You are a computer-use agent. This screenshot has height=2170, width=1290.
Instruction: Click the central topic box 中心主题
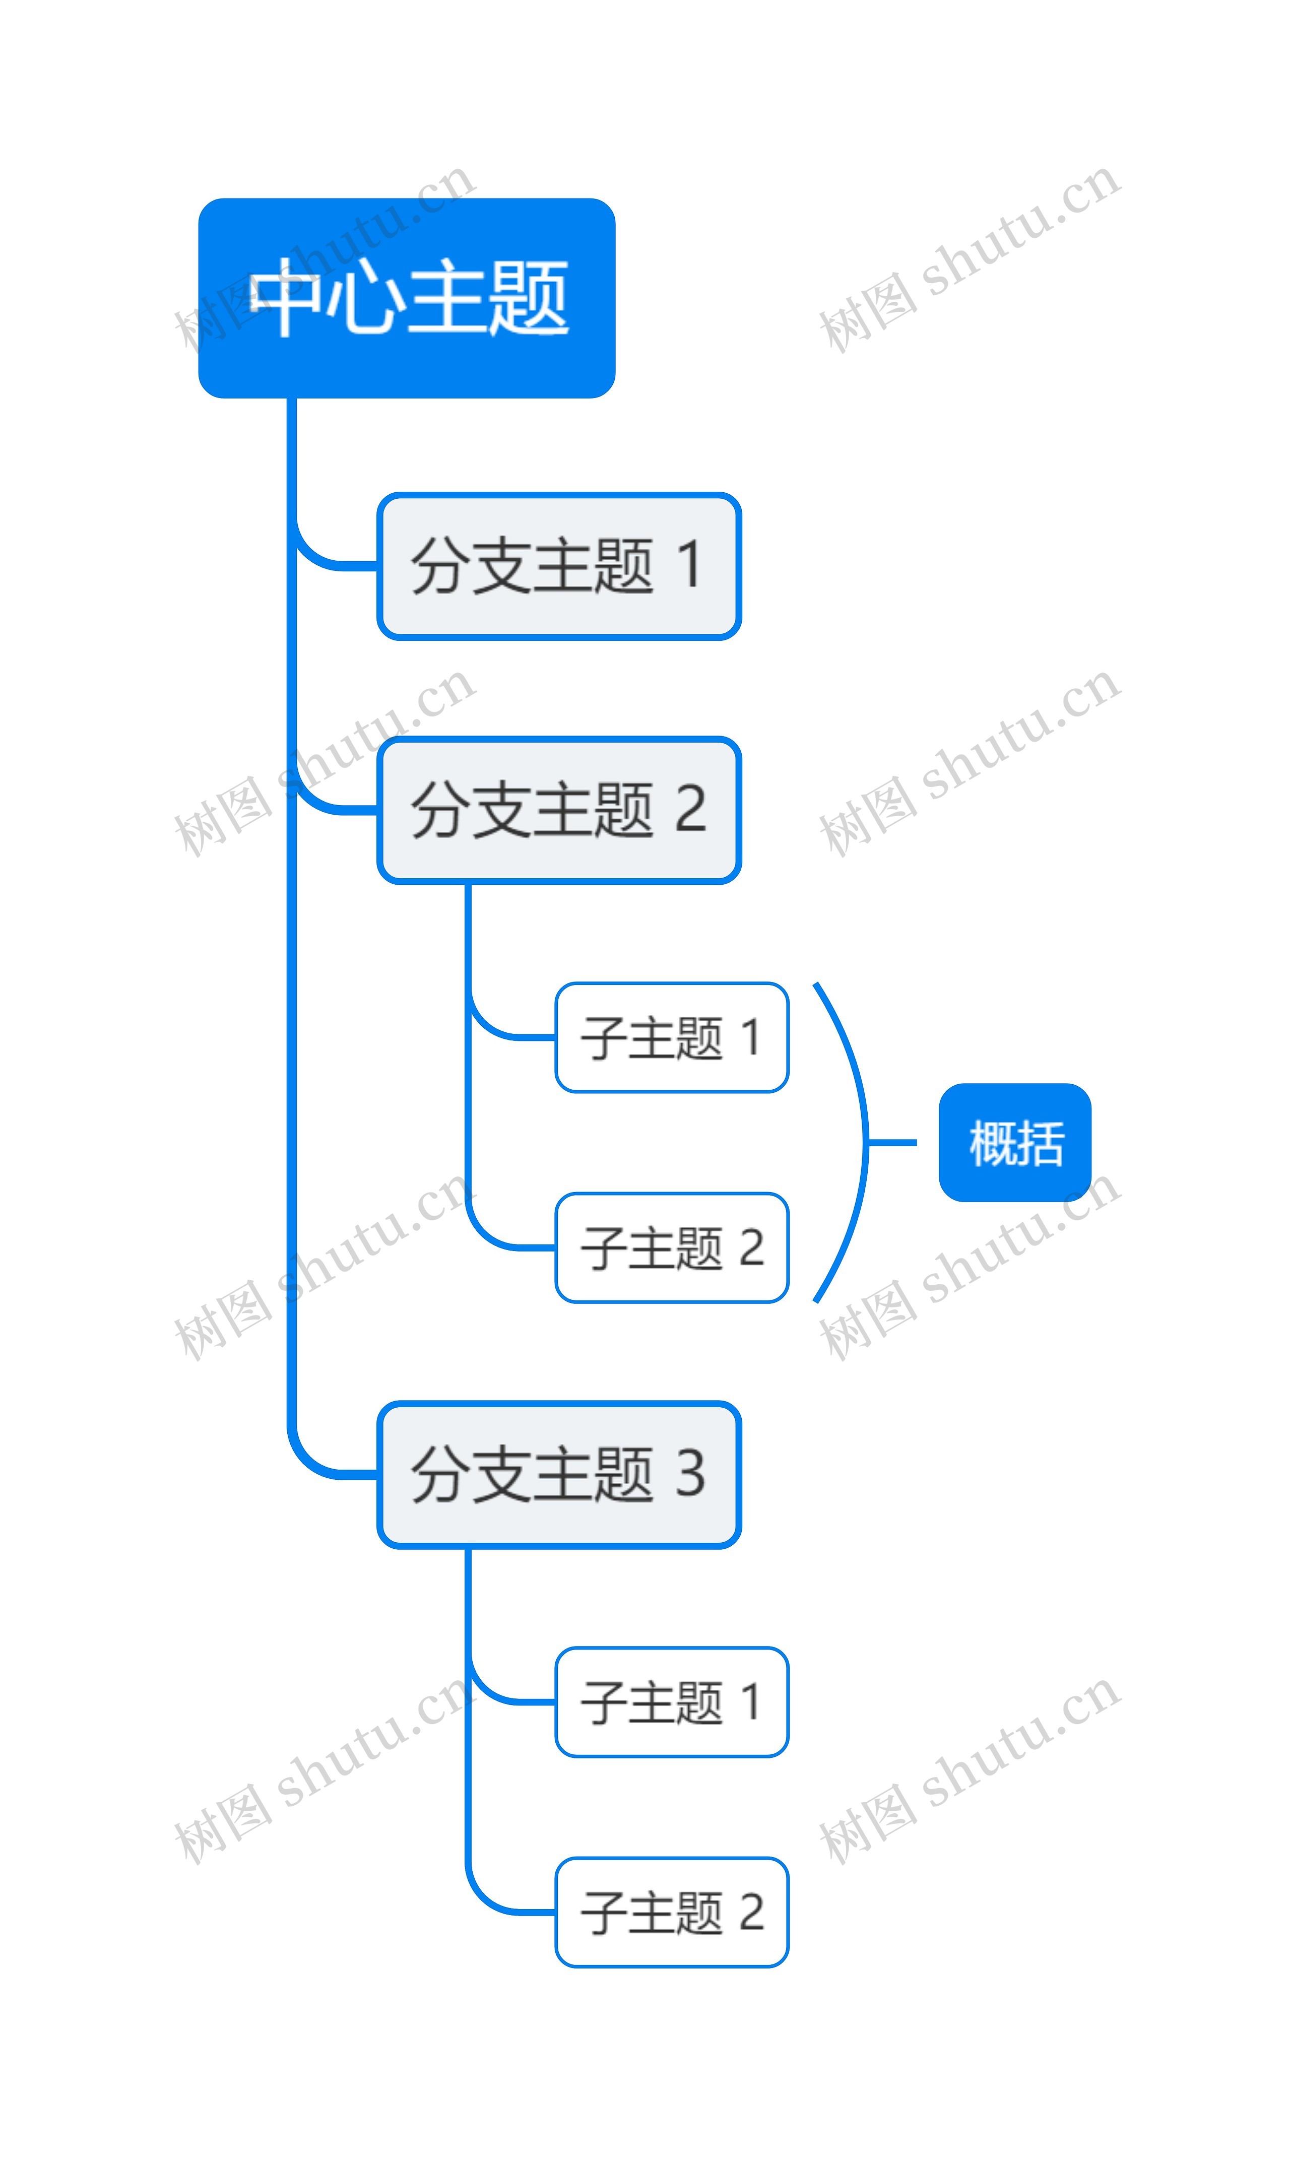pyautogui.click(x=407, y=298)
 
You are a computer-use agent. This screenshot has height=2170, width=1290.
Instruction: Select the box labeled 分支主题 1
pyautogui.click(x=559, y=566)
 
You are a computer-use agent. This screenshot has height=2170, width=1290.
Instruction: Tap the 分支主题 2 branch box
pyautogui.click(x=559, y=810)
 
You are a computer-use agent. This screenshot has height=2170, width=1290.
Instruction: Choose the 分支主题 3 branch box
pyautogui.click(x=559, y=1474)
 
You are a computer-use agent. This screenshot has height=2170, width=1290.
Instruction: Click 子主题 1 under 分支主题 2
pyautogui.click(x=671, y=1037)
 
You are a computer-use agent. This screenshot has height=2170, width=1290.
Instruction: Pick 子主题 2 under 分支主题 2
pyautogui.click(x=671, y=1248)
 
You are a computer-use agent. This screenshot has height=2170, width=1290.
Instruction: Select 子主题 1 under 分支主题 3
pyautogui.click(x=671, y=1701)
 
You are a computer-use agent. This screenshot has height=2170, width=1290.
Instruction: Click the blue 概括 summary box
pyautogui.click(x=1014, y=1143)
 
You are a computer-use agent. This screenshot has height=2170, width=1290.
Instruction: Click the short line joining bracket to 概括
pyautogui.click(x=893, y=1143)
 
